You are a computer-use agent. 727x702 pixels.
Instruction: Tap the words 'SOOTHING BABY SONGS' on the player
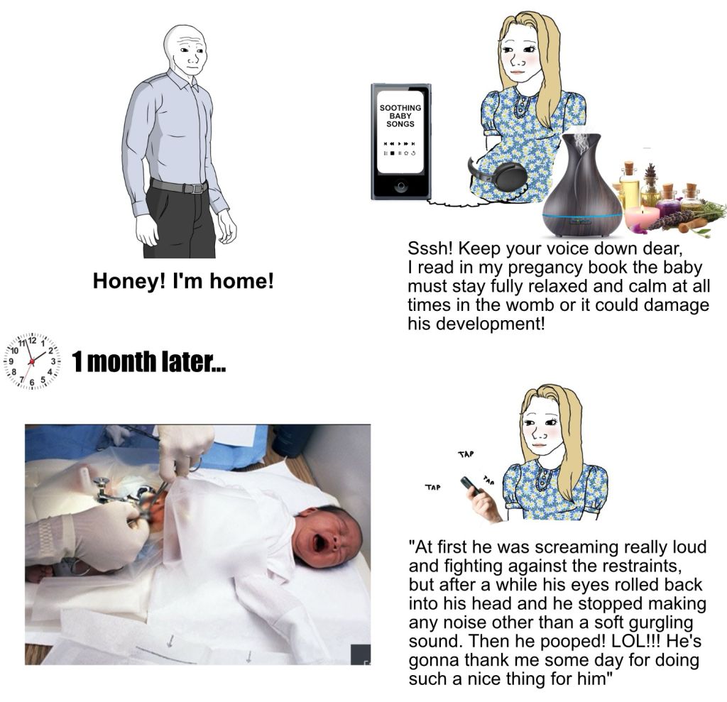[x=400, y=116]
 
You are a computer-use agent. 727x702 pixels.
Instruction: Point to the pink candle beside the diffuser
[x=642, y=217]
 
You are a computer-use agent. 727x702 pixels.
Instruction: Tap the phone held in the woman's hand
[x=470, y=485]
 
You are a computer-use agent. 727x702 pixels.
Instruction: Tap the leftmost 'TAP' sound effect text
[x=432, y=488]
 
